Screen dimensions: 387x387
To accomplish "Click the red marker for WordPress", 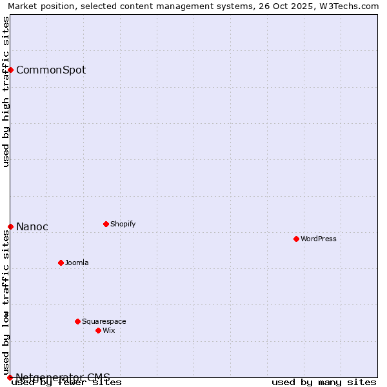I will pos(296,239).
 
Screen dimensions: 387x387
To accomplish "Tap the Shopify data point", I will pos(106,224).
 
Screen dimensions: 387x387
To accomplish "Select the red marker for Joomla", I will pos(61,263).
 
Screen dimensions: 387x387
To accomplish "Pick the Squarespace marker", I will pos(77,321).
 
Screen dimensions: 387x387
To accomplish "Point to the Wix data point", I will pos(98,330).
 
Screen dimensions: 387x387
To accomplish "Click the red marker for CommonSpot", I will pos(10,70).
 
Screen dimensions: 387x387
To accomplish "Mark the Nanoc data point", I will pos(10,226).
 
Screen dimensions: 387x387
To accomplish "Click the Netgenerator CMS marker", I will pos(10,377).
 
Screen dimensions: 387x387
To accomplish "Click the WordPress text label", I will pos(319,239).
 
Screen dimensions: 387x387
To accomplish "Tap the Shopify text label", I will pos(123,224).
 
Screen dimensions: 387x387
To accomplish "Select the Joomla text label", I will pos(77,263).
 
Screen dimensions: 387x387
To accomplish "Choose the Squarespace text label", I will pos(104,321).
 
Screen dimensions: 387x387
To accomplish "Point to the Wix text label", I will pos(108,330).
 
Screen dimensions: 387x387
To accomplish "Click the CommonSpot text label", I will pos(51,70).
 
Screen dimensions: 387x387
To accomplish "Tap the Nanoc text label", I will pos(32,226).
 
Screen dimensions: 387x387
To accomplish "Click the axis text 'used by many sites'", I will pos(324,382).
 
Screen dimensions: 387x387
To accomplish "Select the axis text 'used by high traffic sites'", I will pos(6,92).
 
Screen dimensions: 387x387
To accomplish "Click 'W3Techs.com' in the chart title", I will pos(352,6).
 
